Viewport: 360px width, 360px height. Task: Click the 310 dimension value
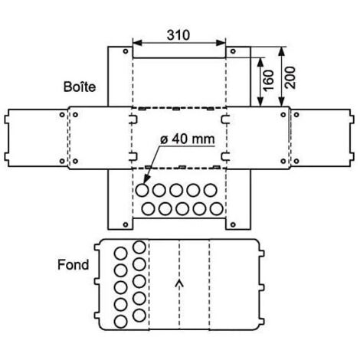click(x=178, y=35)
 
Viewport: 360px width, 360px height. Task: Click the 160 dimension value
click(x=269, y=80)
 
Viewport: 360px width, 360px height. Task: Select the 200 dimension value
click(x=290, y=77)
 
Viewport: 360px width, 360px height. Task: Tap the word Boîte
click(x=80, y=87)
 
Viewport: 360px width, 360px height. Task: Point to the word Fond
click(x=74, y=264)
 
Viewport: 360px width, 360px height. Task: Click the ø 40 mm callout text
click(x=188, y=139)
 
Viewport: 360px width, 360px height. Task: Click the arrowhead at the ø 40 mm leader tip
click(x=146, y=178)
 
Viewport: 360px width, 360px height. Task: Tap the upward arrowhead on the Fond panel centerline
click(x=179, y=283)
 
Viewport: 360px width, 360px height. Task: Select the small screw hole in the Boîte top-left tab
click(x=126, y=51)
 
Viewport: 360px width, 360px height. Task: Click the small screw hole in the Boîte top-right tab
click(x=233, y=51)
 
